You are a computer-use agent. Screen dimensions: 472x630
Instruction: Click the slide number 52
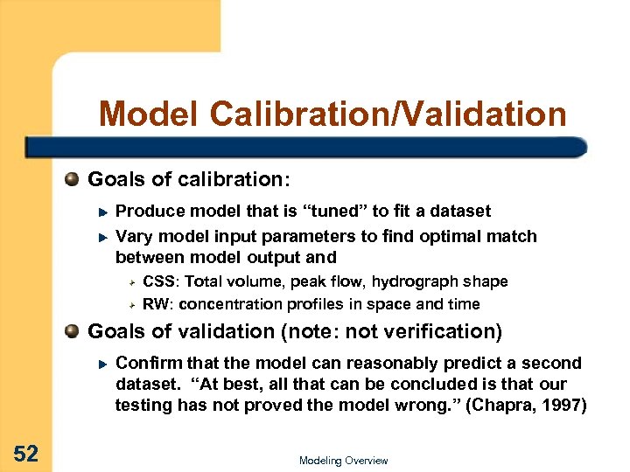(x=25, y=453)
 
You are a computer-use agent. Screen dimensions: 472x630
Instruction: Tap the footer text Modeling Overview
(x=343, y=461)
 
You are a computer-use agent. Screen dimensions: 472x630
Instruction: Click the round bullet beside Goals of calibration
(x=73, y=180)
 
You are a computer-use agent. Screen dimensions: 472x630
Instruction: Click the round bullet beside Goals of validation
(x=73, y=331)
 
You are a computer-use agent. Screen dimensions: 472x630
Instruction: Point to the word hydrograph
(x=416, y=281)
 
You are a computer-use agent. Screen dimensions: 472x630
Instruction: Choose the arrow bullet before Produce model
(x=101, y=212)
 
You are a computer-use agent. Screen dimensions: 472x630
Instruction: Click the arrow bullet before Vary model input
(x=101, y=237)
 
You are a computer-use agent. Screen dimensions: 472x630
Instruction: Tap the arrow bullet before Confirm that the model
(x=101, y=364)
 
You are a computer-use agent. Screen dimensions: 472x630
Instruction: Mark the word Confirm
(x=144, y=363)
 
